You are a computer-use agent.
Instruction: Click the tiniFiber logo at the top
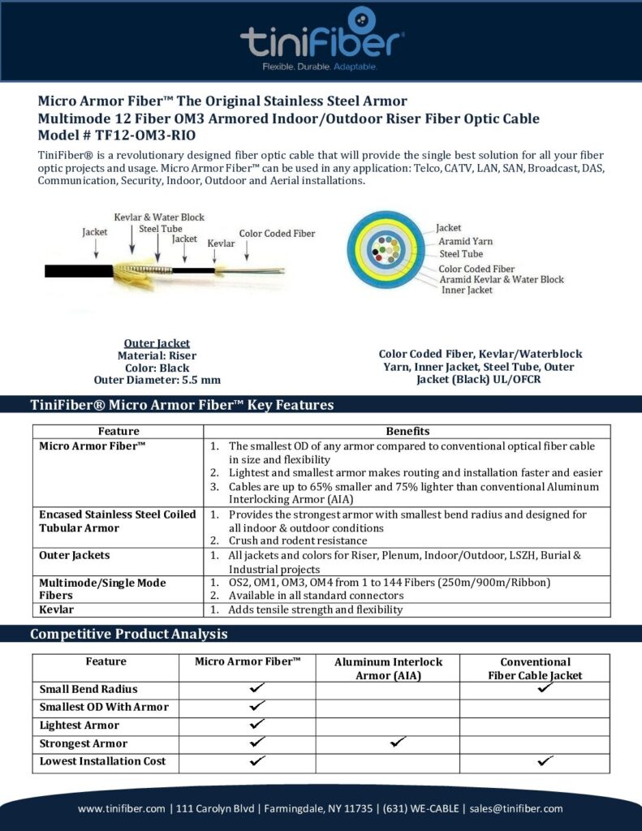(322, 40)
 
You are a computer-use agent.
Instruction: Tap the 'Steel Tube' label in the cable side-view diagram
(160, 229)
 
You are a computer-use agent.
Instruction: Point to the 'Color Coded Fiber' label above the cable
(277, 234)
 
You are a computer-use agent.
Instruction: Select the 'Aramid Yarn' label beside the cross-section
(465, 241)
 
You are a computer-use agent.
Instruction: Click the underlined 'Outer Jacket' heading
(157, 343)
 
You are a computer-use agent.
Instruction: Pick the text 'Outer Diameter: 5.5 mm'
(157, 379)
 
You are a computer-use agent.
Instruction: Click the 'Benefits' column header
(407, 431)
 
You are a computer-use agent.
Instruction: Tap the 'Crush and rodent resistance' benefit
(297, 540)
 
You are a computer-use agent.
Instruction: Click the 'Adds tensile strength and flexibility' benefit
(315, 609)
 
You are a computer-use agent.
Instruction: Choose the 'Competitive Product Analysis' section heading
(128, 634)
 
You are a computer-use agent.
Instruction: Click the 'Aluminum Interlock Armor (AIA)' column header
(386, 669)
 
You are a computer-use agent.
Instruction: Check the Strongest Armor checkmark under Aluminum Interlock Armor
(398, 742)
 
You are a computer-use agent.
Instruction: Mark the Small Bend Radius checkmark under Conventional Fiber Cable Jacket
(545, 688)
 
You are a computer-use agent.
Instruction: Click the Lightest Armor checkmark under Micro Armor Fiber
(257, 724)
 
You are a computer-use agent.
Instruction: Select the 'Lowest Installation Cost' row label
(102, 761)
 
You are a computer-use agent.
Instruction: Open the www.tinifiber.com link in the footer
(122, 808)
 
